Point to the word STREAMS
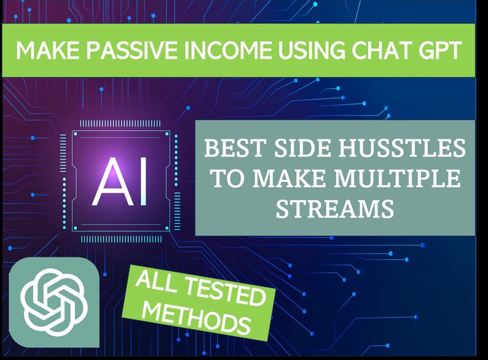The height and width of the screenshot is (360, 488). (334, 209)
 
